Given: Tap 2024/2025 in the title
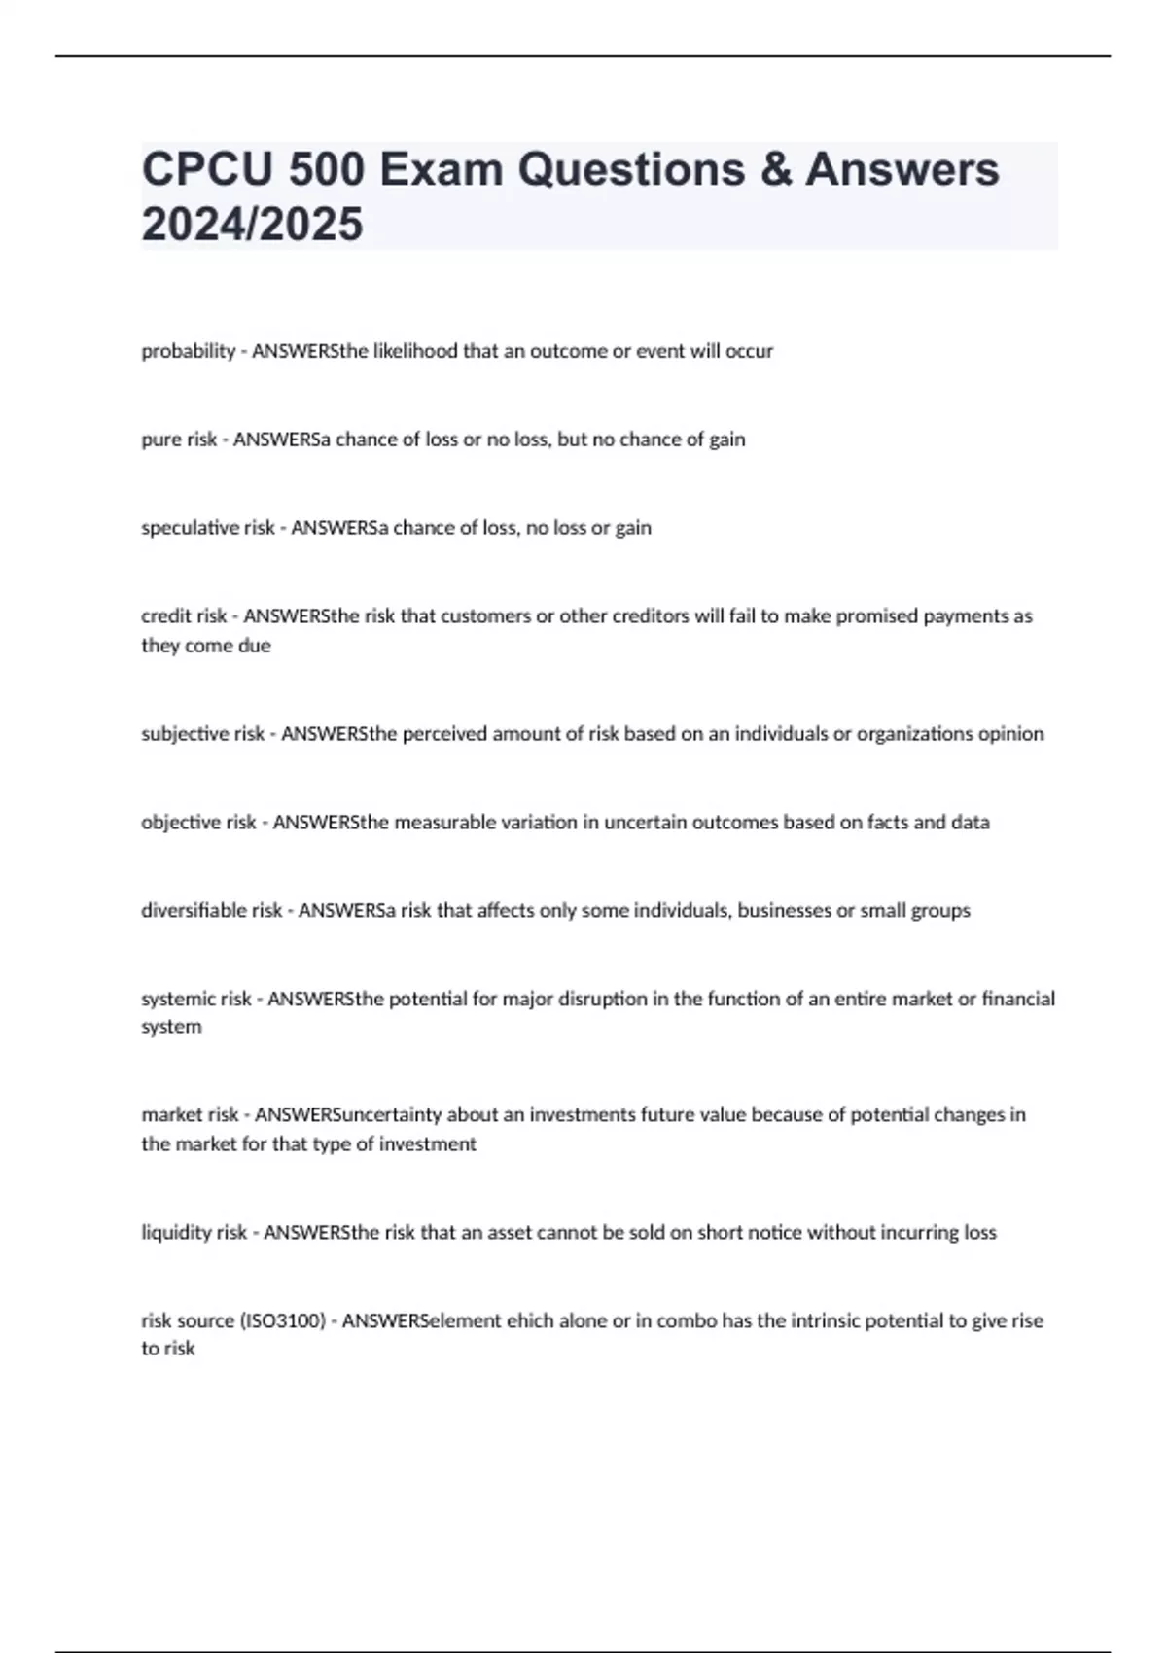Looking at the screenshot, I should [x=253, y=225].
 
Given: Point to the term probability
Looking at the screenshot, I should [x=189, y=351].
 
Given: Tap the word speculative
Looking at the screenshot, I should [x=189, y=528].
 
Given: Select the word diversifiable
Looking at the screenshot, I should [x=194, y=911].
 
